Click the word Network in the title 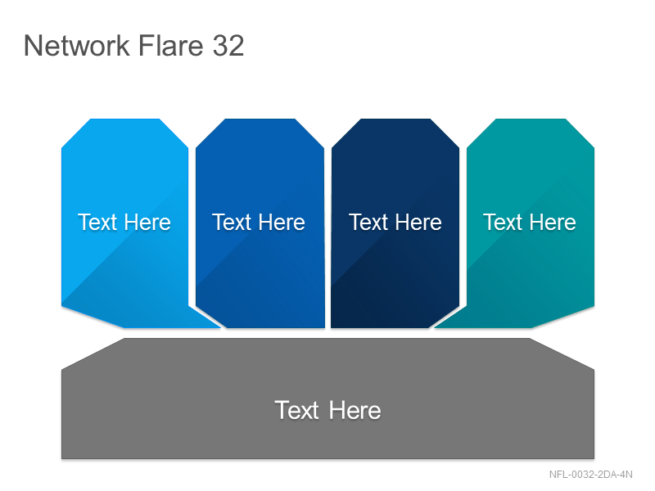(77, 45)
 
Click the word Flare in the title (170, 45)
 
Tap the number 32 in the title (228, 46)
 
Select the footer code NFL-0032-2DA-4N (590, 475)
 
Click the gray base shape (328, 399)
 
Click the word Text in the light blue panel (97, 222)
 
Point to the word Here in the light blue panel (147, 222)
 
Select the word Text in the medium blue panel (232, 222)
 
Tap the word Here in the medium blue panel (282, 222)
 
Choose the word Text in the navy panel (368, 222)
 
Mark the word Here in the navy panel (418, 222)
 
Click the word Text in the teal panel (503, 222)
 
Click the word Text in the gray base (297, 410)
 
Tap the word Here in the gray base (355, 410)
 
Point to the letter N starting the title (33, 45)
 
